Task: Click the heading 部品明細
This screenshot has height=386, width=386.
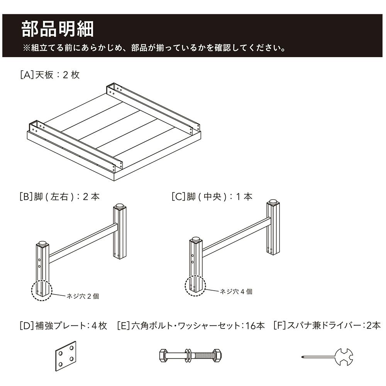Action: click(x=58, y=29)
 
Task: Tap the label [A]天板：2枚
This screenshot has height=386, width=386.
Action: click(x=50, y=75)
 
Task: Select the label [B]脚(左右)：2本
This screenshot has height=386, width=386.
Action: click(x=59, y=197)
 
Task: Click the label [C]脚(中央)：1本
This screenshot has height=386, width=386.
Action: click(x=212, y=197)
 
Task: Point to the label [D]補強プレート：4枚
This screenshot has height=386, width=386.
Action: click(x=63, y=326)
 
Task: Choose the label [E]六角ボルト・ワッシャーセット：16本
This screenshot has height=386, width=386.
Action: click(x=191, y=326)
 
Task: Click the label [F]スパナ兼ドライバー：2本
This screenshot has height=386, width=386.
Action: click(x=327, y=326)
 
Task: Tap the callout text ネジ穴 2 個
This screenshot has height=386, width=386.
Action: click(x=83, y=296)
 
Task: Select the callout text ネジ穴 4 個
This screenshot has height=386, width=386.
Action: click(x=236, y=292)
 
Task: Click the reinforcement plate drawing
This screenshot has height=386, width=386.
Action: click(x=66, y=356)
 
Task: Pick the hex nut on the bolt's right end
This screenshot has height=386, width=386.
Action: click(x=217, y=356)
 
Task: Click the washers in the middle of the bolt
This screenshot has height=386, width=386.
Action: click(x=188, y=356)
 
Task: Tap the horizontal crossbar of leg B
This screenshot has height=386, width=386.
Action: click(x=83, y=243)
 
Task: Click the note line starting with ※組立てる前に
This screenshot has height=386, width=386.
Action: click(x=154, y=48)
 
